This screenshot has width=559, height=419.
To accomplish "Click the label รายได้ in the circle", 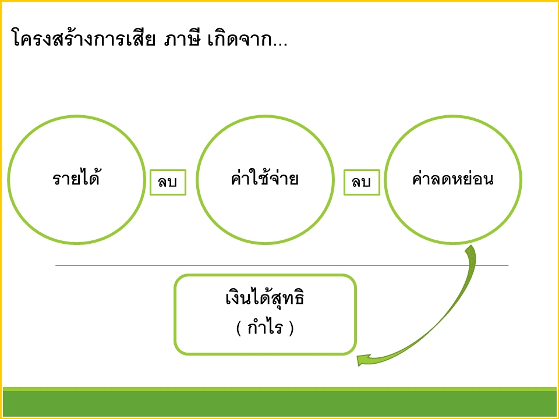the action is (76, 179).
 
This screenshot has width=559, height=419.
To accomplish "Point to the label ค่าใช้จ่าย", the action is (265, 179).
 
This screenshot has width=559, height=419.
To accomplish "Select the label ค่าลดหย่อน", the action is (452, 179).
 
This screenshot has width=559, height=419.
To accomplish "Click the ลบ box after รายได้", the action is (168, 182).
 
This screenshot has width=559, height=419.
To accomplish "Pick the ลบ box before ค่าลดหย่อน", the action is (362, 182).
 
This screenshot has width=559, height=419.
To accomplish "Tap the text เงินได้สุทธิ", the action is (265, 300).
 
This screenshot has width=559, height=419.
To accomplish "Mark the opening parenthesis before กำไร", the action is (239, 328).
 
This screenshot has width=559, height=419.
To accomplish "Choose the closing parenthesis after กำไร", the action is (291, 328).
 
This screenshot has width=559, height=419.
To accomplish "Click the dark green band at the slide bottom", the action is (279, 403).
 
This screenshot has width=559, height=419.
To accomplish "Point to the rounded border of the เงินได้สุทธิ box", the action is (175, 314).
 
